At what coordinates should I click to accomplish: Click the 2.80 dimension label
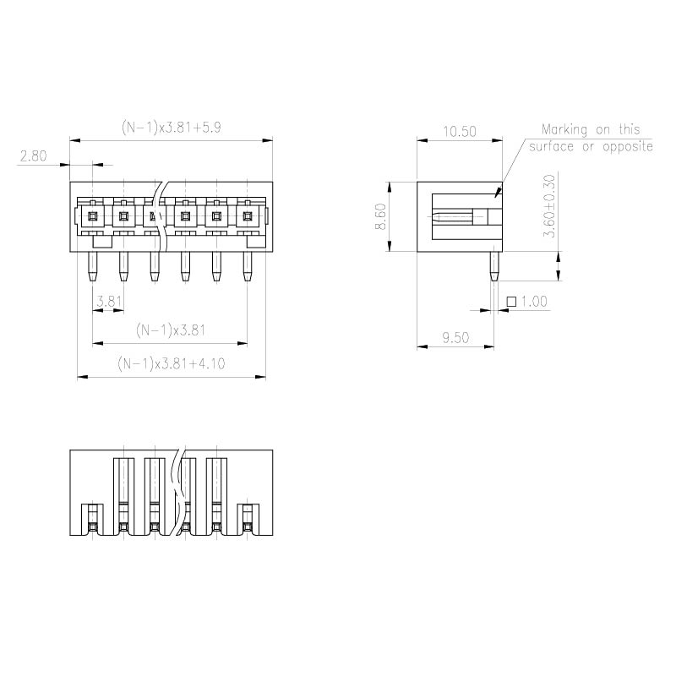click(x=33, y=155)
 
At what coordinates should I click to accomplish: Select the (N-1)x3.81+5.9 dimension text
click(x=172, y=128)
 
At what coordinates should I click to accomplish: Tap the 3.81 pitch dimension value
click(x=109, y=301)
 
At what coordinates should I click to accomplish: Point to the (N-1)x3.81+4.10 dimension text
click(x=172, y=363)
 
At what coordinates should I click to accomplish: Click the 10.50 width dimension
click(x=460, y=131)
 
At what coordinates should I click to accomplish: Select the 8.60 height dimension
click(x=381, y=216)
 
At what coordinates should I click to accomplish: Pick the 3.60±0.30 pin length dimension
click(x=549, y=205)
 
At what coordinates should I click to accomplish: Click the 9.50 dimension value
click(x=455, y=337)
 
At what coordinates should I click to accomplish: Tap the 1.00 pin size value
click(x=534, y=302)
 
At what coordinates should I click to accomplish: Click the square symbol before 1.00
click(x=511, y=302)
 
